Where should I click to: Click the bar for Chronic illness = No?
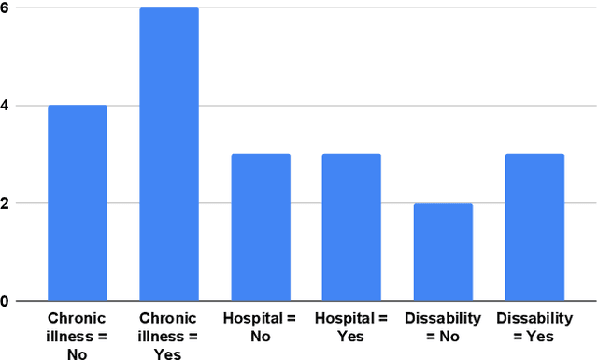78,203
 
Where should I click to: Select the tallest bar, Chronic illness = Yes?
169,154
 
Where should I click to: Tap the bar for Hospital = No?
261,227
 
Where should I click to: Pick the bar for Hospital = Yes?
351,227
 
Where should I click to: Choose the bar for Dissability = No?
443,252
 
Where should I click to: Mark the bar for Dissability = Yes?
534,227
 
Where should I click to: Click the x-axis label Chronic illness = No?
78,336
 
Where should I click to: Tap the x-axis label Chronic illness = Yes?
169,336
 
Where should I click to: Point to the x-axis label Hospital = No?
261,327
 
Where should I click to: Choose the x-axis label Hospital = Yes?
351,327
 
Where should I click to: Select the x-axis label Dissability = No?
443,327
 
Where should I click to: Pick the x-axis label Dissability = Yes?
534,327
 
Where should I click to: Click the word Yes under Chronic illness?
169,353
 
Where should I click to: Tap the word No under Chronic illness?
78,353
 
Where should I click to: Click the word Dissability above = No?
443,319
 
